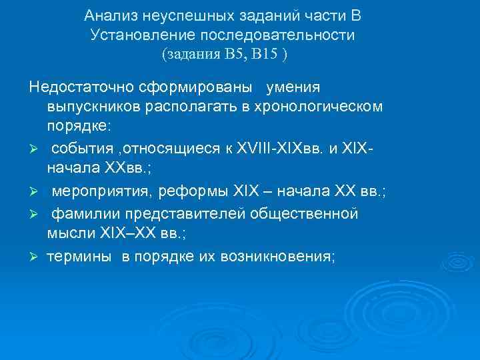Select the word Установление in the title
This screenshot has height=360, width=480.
click(135, 35)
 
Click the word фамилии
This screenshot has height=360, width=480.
click(84, 214)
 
